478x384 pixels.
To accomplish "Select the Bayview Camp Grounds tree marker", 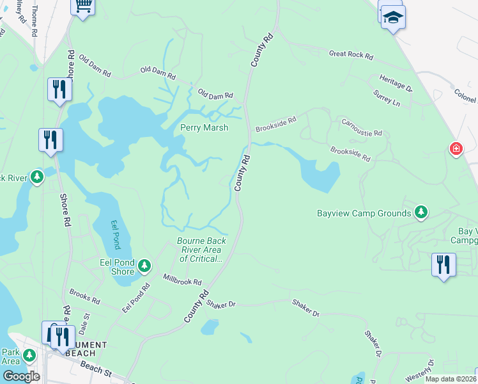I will [x=420, y=211].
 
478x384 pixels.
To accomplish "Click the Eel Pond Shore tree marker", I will [x=144, y=265].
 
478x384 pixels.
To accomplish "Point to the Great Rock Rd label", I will [x=351, y=55].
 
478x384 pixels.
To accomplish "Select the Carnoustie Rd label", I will [x=361, y=127].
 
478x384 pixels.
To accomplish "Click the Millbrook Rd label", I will [x=182, y=280].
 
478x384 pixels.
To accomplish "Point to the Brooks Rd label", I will [x=85, y=296].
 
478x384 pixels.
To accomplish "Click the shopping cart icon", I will [x=82, y=5].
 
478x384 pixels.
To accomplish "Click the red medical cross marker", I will [x=456, y=149].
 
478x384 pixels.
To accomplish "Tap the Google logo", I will [x=21, y=376].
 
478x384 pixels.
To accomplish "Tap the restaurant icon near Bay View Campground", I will [x=443, y=264].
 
